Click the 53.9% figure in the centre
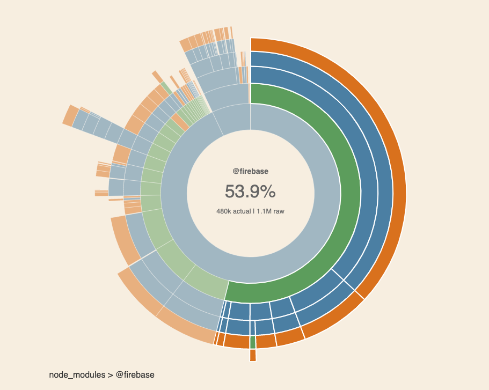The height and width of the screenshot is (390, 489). pos(250,192)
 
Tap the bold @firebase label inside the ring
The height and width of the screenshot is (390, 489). pos(250,171)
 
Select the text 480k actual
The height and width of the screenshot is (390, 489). pos(233,211)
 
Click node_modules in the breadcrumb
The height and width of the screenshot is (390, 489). pos(77,374)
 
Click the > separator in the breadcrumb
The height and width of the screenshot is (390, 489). pos(110,374)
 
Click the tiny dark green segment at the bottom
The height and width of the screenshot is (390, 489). pos(252,342)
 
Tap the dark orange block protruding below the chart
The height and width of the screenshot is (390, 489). pos(253,355)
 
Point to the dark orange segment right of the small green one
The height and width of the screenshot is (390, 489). pos(265,341)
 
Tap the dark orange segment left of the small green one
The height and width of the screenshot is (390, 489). pos(236,341)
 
